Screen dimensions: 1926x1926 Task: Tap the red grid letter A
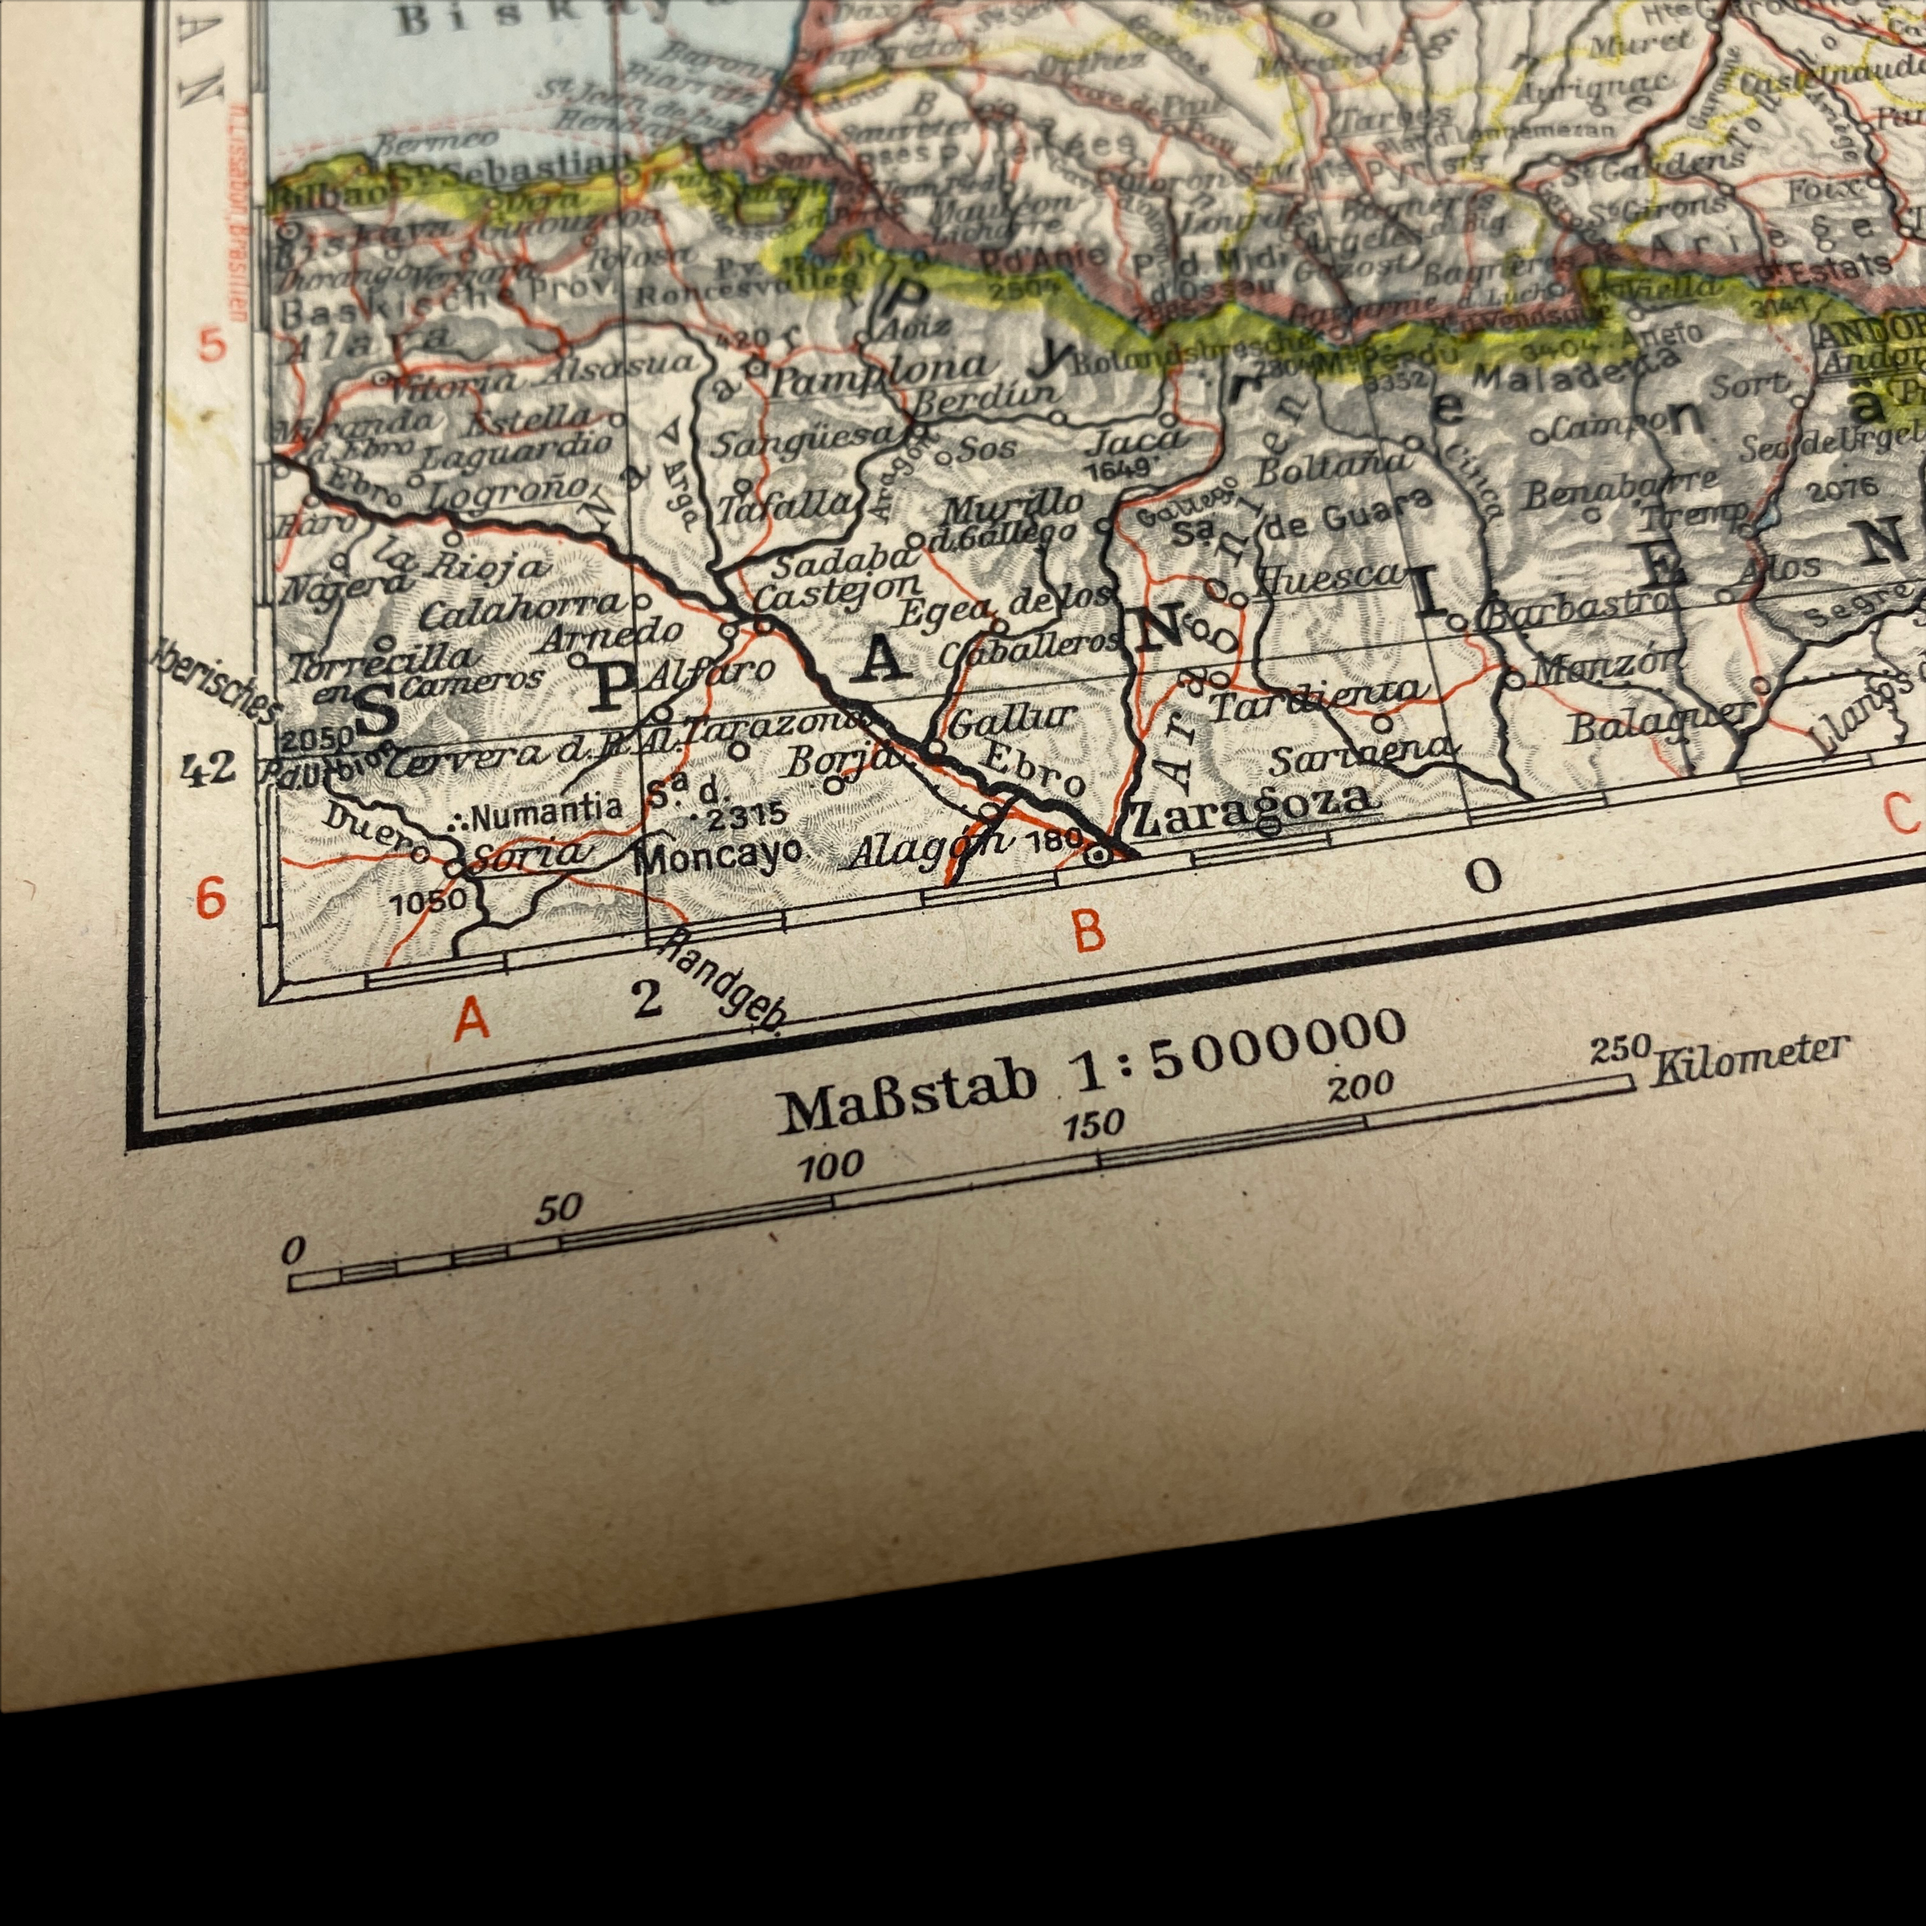coord(473,1019)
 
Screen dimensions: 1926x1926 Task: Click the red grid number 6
coord(210,897)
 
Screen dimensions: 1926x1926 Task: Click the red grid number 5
coord(213,346)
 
